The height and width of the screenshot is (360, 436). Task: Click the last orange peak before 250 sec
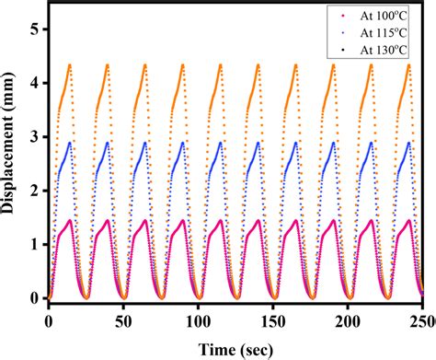[x=408, y=64]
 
